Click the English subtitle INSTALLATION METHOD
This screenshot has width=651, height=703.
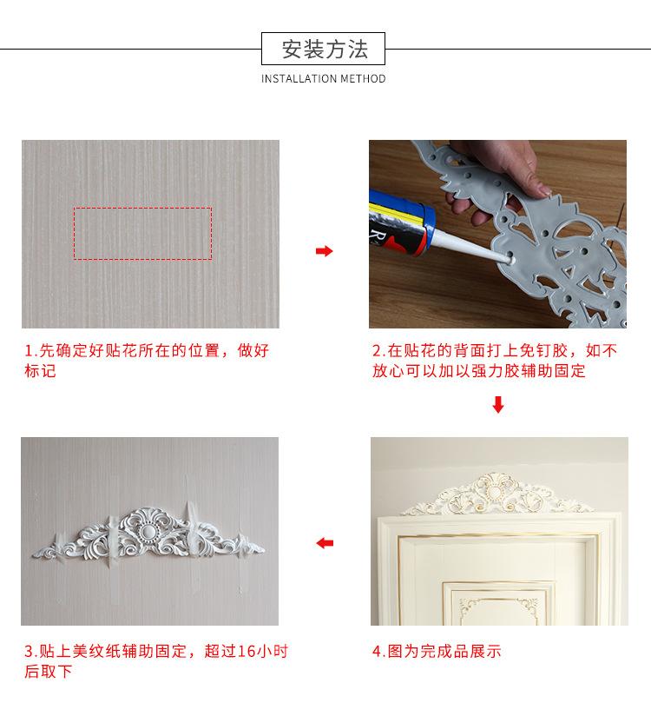click(x=323, y=79)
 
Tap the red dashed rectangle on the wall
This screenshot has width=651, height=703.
click(x=142, y=208)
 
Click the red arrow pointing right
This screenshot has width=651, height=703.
click(x=324, y=250)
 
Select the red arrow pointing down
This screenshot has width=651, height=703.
click(x=498, y=404)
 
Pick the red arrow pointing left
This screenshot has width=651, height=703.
click(x=325, y=543)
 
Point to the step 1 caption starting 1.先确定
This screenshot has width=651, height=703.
click(x=147, y=361)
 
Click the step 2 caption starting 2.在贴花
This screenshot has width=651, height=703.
click(x=494, y=361)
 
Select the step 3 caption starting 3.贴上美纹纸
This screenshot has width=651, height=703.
click(x=156, y=661)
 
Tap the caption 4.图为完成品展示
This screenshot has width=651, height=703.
click(x=437, y=651)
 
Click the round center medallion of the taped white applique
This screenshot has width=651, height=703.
click(x=147, y=532)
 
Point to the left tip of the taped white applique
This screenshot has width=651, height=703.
click(x=33, y=555)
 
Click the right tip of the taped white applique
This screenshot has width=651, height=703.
click(x=264, y=548)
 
